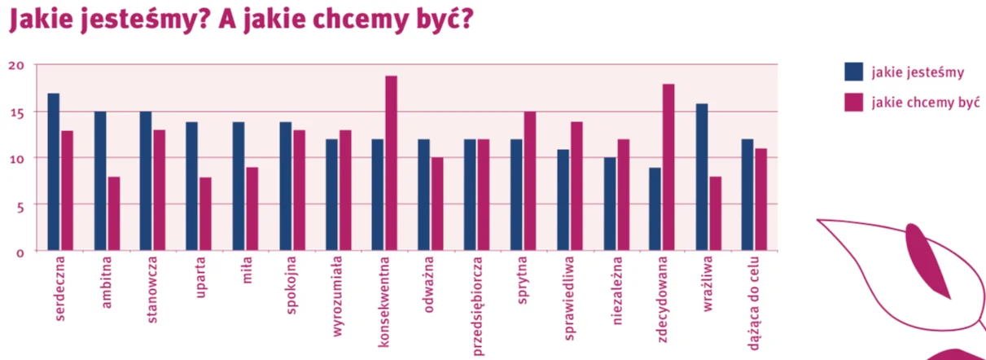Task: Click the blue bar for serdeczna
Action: [54, 172]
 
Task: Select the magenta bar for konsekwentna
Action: [392, 163]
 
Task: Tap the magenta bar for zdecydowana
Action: [668, 167]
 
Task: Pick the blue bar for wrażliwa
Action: [702, 178]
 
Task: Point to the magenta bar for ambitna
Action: [114, 214]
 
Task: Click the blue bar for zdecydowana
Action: [655, 209]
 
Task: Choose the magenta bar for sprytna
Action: [530, 182]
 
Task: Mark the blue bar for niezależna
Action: [610, 204]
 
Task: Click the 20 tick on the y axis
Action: [16, 66]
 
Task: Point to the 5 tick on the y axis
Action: [20, 207]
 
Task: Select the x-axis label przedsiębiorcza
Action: [478, 306]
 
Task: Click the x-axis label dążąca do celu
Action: [754, 304]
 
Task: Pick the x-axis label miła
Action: [247, 270]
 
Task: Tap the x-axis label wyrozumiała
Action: [337, 296]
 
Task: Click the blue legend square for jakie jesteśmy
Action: [853, 72]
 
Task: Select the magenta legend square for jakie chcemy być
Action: [853, 102]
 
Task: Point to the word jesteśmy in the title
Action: [144, 20]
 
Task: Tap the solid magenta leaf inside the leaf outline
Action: [928, 260]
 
